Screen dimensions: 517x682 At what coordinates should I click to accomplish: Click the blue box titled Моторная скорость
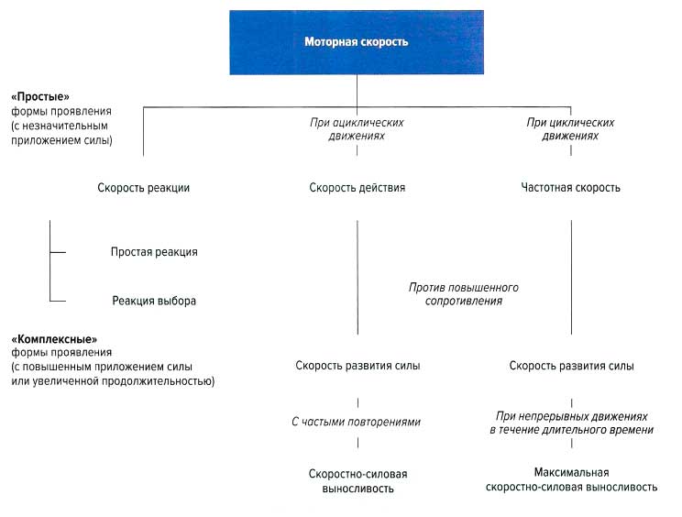(x=356, y=41)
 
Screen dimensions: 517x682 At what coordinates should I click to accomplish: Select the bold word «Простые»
(x=40, y=95)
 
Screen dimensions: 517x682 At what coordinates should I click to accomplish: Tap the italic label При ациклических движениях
(x=357, y=128)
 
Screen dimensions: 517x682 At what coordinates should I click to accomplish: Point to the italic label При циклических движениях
(x=570, y=128)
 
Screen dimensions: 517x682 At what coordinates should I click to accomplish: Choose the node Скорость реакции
(x=143, y=188)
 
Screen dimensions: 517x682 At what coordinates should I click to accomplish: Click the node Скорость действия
(x=357, y=188)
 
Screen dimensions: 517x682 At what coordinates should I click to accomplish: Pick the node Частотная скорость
(x=570, y=188)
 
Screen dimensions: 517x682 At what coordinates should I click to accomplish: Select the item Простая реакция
(x=154, y=252)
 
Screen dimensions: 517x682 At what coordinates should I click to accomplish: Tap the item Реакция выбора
(x=154, y=301)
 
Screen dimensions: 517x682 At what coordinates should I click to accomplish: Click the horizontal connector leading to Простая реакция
(x=58, y=252)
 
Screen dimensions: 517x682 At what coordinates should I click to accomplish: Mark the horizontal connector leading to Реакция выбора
(x=58, y=301)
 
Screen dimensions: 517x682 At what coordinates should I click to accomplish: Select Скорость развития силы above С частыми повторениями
(x=357, y=366)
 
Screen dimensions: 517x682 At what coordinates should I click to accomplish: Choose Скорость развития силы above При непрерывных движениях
(x=571, y=366)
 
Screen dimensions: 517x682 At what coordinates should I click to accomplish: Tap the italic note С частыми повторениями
(x=357, y=422)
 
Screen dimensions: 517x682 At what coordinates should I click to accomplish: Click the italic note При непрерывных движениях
(x=571, y=422)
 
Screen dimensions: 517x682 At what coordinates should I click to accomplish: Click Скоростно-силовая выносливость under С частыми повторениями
(x=357, y=481)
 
